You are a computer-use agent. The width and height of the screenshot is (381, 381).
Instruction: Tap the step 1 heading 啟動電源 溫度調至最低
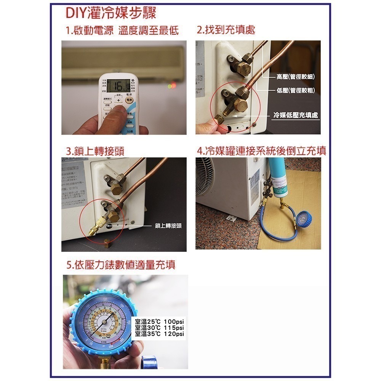coord(122,30)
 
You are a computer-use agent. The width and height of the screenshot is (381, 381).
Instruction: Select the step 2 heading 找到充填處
coord(226,30)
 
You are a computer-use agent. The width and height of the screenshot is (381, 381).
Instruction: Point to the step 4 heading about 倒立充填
coord(261,151)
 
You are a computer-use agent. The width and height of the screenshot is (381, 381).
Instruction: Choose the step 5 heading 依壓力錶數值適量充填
coord(121,264)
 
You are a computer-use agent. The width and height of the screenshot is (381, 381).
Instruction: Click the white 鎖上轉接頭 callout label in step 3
coord(168,226)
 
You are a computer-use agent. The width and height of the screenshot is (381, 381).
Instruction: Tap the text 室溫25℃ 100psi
coord(159,322)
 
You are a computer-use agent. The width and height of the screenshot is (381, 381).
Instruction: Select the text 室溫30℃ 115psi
coord(159,328)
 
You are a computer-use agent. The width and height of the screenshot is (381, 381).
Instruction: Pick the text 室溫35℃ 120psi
coord(159,334)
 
